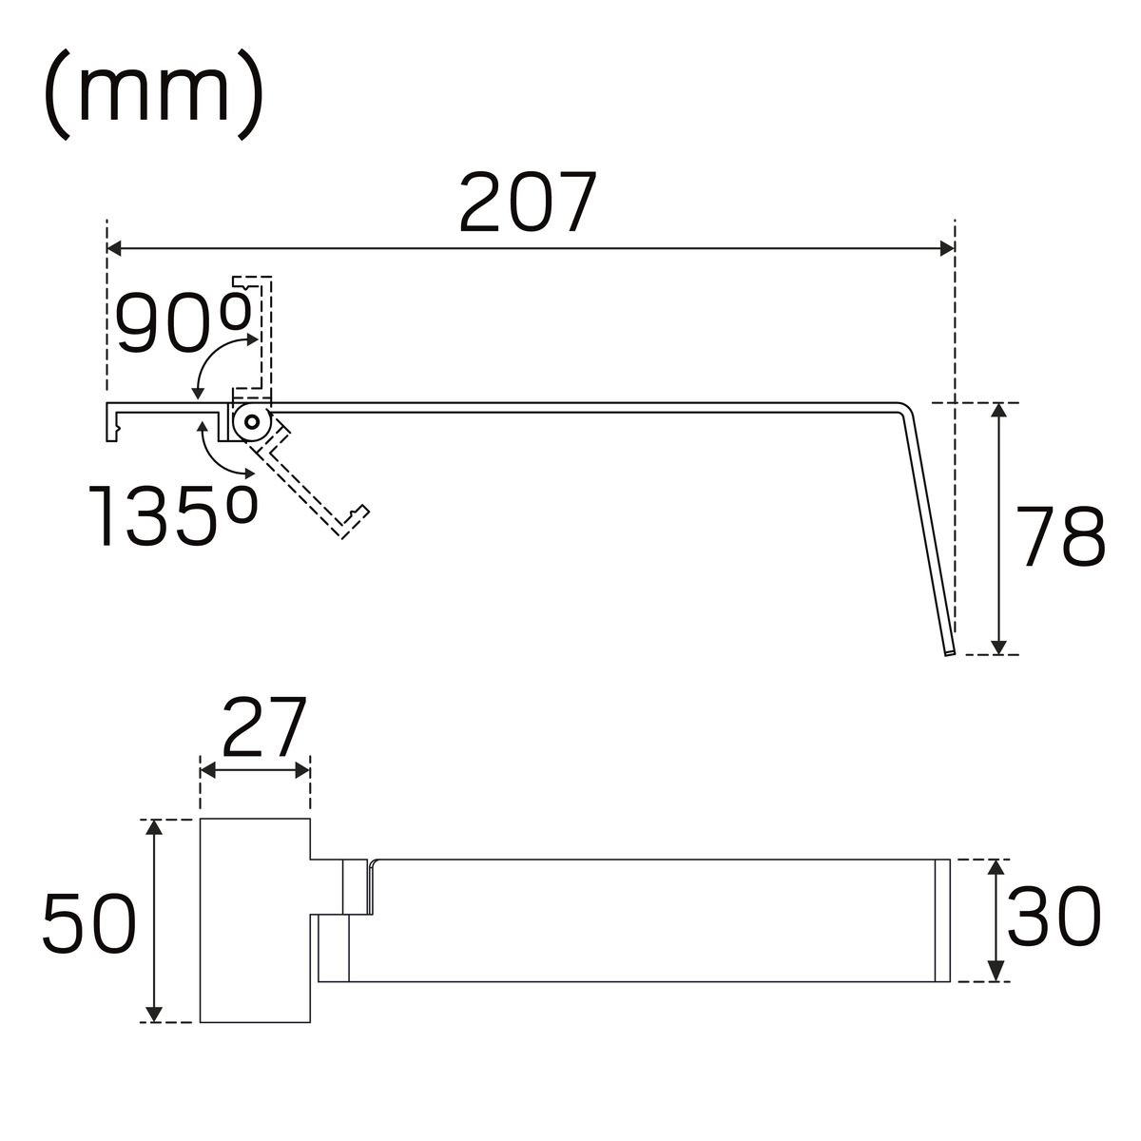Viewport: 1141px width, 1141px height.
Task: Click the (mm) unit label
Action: tap(154, 94)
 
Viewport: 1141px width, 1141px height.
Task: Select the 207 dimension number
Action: tap(528, 202)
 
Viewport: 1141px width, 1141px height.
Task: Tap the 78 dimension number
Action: tap(1061, 536)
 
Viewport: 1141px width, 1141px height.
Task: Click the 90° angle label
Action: tap(183, 323)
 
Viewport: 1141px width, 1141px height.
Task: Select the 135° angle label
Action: tap(172, 514)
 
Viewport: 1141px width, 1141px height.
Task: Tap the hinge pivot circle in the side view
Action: tap(253, 422)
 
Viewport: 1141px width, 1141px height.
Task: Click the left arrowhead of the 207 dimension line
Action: tap(114, 249)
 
